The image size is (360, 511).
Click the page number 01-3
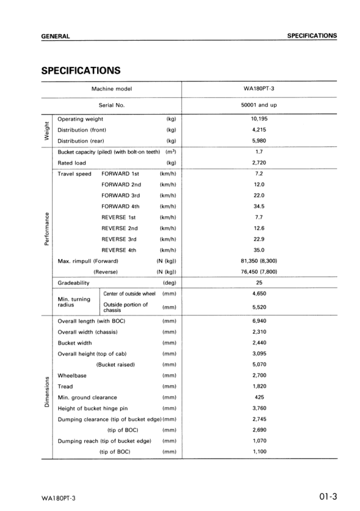[327, 498]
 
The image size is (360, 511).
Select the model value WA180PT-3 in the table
[259, 89]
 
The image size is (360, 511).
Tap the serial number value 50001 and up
[259, 105]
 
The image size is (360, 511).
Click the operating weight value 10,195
[259, 119]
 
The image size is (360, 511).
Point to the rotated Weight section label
[46, 130]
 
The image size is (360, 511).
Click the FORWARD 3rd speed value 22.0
[259, 195]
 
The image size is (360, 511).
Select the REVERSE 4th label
[119, 249]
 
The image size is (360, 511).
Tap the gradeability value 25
[259, 283]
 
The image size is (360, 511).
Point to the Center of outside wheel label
[129, 294]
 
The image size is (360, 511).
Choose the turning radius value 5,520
[259, 307]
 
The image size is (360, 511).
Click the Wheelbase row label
[71, 375]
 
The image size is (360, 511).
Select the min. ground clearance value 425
[259, 398]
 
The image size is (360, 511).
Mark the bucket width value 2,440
[259, 343]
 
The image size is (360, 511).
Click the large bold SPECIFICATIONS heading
[81, 71]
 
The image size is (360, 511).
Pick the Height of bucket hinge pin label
[92, 408]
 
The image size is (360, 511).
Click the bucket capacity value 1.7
[259, 152]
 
